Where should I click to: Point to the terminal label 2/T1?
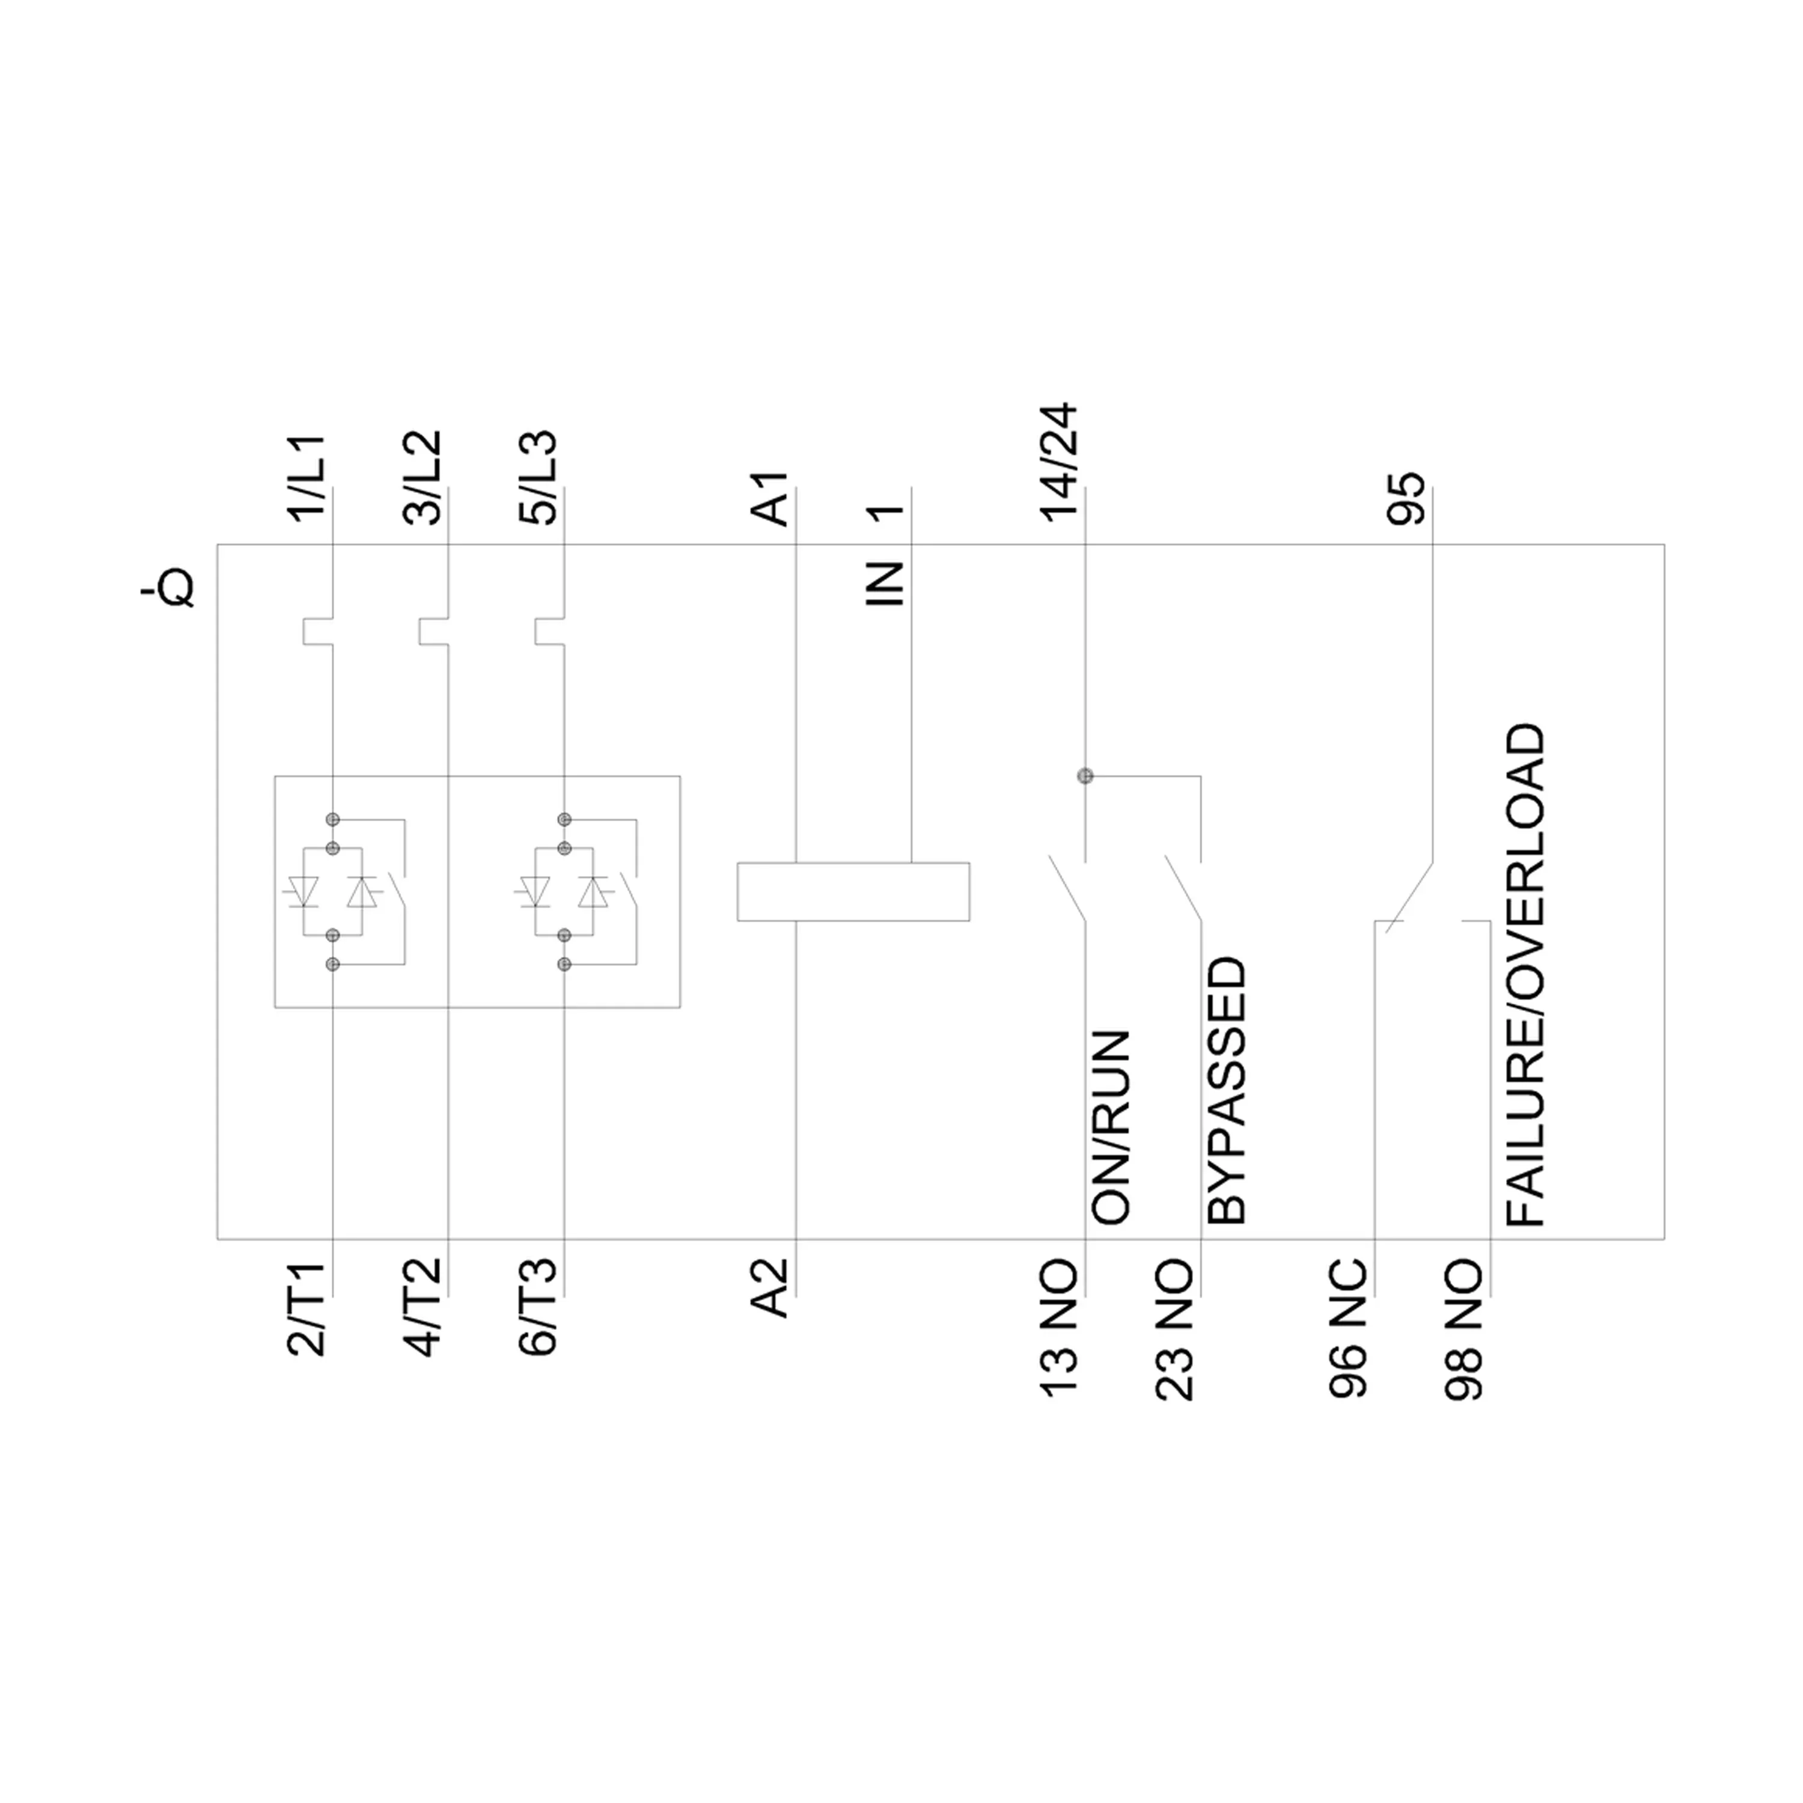tap(307, 1307)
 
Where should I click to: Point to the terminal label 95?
tap(1408, 499)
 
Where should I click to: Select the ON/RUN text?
tap(1111, 1127)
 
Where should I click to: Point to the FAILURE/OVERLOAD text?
tap(1527, 975)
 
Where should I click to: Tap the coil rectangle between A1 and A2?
tap(853, 891)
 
